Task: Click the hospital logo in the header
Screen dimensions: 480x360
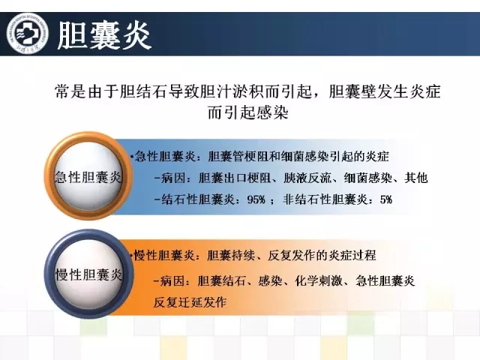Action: click(28, 33)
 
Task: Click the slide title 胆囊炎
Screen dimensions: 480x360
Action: click(104, 35)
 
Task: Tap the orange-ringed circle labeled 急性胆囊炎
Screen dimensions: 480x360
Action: click(88, 176)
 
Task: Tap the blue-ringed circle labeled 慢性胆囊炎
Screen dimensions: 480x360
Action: click(88, 274)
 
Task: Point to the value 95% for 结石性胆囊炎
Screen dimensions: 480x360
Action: click(256, 199)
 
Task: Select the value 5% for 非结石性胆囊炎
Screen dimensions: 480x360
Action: click(386, 199)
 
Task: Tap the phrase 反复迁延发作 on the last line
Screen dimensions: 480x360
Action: click(190, 302)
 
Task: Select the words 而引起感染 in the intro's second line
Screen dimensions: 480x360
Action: click(248, 112)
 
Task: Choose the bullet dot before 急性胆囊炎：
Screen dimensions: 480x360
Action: click(131, 157)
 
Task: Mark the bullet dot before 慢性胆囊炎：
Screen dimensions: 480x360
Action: click(131, 256)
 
